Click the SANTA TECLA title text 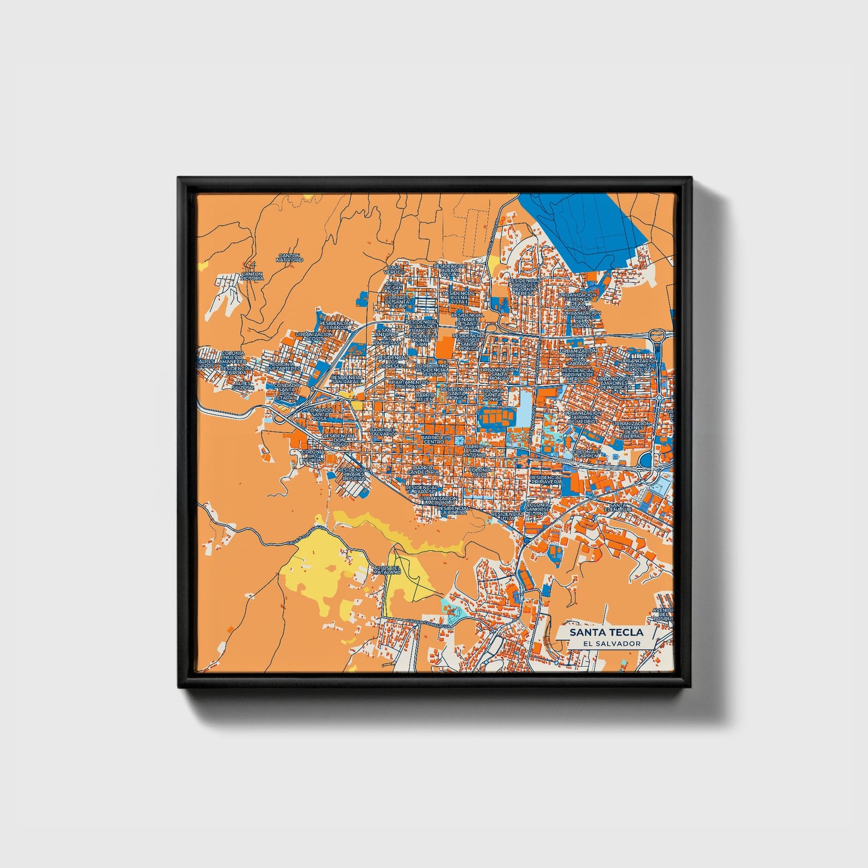[606, 632]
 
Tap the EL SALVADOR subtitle [607, 643]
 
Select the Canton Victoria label [252, 276]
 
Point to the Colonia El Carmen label [586, 454]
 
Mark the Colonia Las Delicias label [312, 456]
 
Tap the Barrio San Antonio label [473, 450]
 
